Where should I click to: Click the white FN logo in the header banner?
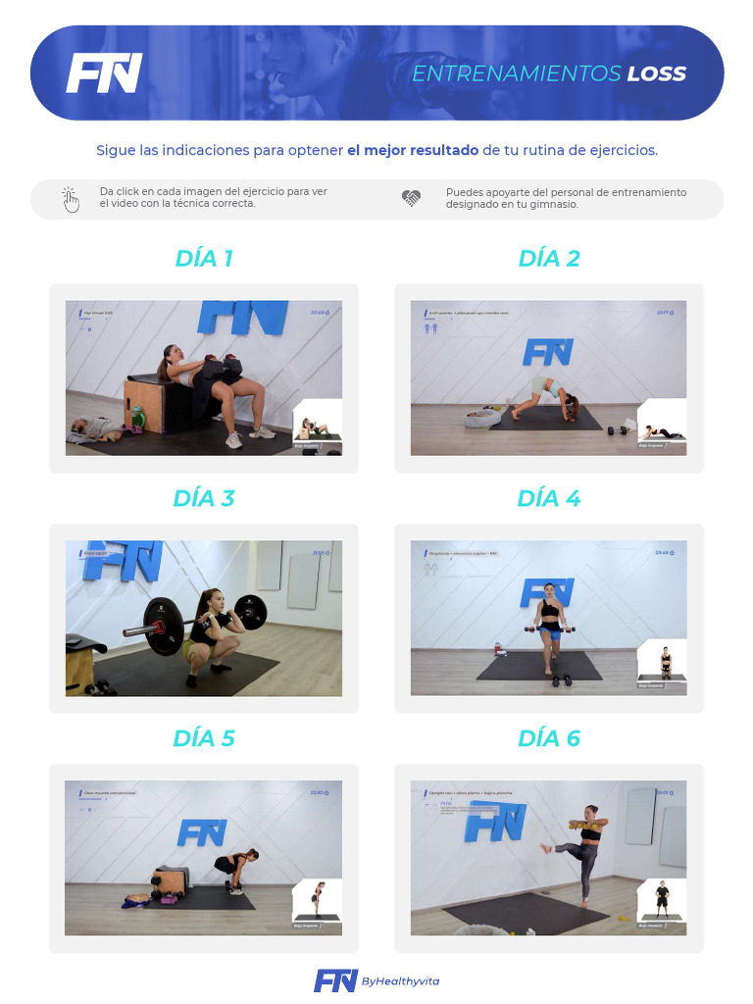point(104,74)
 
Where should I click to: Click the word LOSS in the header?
point(656,74)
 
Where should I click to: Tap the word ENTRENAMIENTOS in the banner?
point(516,74)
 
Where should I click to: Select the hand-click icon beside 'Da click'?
point(71,199)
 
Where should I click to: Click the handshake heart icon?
point(411,198)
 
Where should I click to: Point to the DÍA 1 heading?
point(204,259)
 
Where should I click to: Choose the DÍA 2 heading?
point(549,259)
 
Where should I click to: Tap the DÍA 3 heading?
point(204,498)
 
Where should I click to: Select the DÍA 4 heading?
point(549,498)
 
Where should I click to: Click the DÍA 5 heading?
point(204,738)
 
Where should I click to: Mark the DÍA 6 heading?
point(549,738)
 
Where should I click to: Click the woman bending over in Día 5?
point(236,869)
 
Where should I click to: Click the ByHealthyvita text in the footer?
point(400,981)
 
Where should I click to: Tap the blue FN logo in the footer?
point(335,980)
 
